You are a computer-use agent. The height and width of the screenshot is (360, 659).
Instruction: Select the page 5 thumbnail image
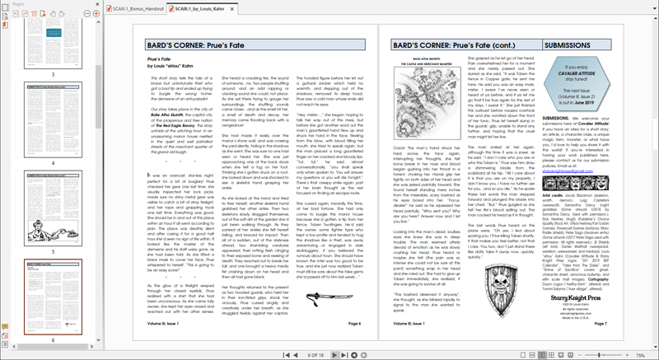[54, 210]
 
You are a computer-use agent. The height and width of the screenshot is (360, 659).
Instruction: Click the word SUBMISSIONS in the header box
[568, 46]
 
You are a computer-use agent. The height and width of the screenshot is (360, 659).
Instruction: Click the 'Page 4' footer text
[355, 325]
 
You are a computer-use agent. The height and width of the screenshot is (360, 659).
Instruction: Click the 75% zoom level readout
[639, 354]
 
